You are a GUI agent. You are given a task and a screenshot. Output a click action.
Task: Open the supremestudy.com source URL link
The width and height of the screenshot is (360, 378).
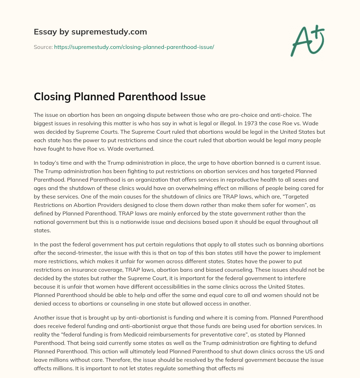pyautogui.click(x=134, y=47)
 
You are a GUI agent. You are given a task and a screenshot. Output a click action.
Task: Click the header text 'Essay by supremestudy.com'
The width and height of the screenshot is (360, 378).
pyautogui.click(x=90, y=32)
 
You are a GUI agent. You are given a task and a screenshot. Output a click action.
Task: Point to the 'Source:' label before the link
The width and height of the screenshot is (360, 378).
pyautogui.click(x=43, y=47)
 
